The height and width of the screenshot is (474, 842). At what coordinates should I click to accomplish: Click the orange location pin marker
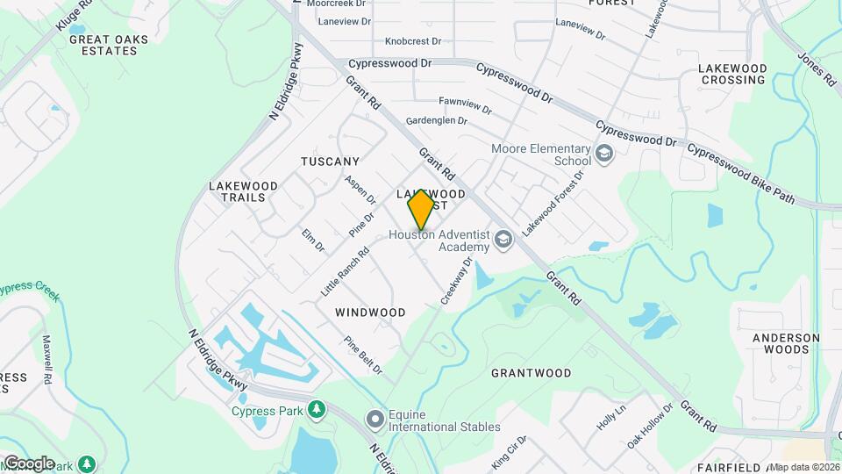click(421, 209)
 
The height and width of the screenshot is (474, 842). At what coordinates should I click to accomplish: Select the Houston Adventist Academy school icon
click(503, 239)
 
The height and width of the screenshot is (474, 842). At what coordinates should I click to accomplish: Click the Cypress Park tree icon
click(316, 410)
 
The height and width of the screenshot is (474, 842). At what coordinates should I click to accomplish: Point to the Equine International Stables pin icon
click(375, 420)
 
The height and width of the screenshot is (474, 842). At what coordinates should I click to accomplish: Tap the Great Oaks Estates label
click(103, 45)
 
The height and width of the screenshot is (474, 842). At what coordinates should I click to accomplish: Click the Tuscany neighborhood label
click(330, 162)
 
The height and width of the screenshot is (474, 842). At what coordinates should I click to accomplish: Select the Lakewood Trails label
click(243, 191)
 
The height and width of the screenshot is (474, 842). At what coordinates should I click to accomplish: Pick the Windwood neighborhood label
click(370, 312)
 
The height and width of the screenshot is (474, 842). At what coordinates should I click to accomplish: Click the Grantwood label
click(531, 373)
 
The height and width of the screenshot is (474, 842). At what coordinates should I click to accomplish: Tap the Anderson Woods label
click(786, 343)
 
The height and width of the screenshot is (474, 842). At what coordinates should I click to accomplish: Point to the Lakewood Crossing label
click(732, 74)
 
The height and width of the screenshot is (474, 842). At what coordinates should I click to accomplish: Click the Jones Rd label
click(816, 69)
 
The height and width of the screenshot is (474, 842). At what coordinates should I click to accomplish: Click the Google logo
click(29, 463)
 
